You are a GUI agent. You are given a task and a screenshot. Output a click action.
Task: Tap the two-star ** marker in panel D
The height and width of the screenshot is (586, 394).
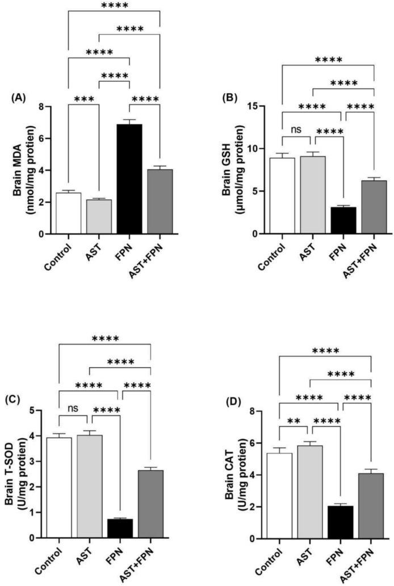294,423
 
